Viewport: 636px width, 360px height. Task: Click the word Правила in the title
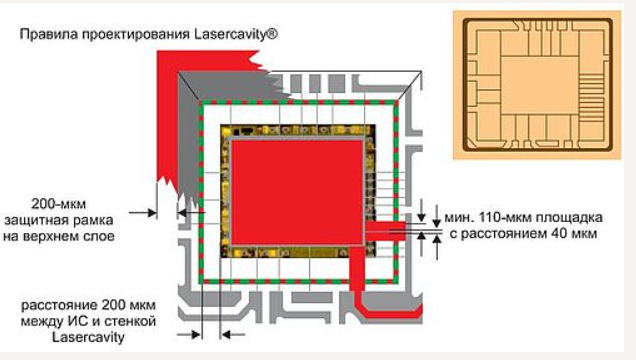click(47, 34)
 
